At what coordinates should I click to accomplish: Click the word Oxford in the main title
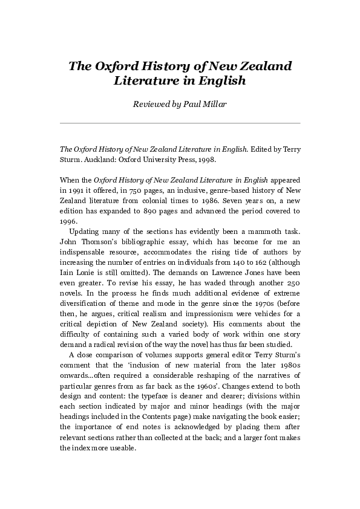click(x=116, y=66)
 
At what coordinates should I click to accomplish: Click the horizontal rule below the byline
click(x=180, y=123)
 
